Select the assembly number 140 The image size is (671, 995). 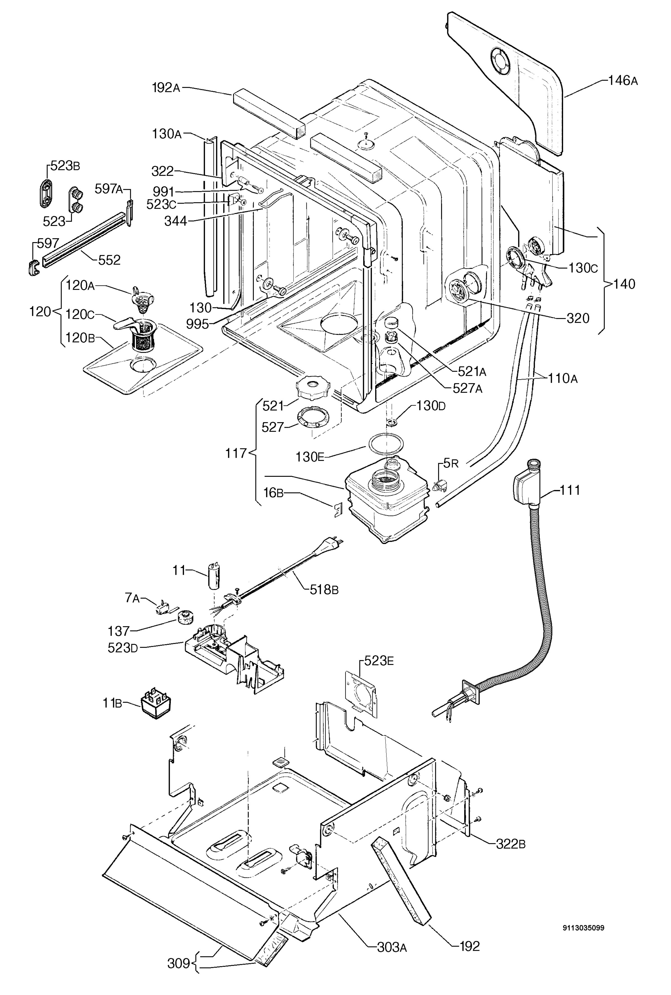pyautogui.click(x=624, y=284)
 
